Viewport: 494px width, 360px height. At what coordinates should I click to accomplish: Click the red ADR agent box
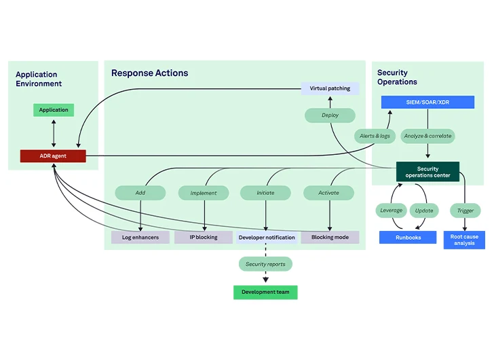[53, 156]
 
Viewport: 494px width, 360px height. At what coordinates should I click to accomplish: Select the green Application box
[54, 110]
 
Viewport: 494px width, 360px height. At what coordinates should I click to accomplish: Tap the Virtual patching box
[330, 88]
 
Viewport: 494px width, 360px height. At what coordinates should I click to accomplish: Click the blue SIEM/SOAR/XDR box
[427, 102]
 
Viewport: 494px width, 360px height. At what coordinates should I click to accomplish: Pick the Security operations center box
[427, 172]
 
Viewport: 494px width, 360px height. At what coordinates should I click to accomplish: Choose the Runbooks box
[408, 237]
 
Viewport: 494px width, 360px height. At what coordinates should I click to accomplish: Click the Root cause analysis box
[464, 240]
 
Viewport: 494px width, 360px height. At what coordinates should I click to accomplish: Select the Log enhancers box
[140, 237]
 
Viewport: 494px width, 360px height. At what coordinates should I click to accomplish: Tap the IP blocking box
[204, 237]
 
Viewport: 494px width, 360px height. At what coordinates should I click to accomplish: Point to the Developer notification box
[267, 237]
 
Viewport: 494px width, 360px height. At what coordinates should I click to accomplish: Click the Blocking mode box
[330, 237]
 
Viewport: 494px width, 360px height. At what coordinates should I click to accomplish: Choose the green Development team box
[265, 292]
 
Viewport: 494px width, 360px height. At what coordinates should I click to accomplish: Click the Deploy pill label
[330, 115]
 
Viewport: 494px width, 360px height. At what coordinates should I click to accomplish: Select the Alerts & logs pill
[375, 136]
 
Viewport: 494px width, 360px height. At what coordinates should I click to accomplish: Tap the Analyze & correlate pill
[427, 136]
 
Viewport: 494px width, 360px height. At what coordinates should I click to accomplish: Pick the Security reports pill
[265, 264]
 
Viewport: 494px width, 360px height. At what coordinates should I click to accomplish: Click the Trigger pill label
[465, 211]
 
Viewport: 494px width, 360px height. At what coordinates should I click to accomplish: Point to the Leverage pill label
[391, 211]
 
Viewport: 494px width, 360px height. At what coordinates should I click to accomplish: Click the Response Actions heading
[150, 73]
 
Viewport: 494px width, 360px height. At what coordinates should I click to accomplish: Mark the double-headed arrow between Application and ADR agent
[54, 133]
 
